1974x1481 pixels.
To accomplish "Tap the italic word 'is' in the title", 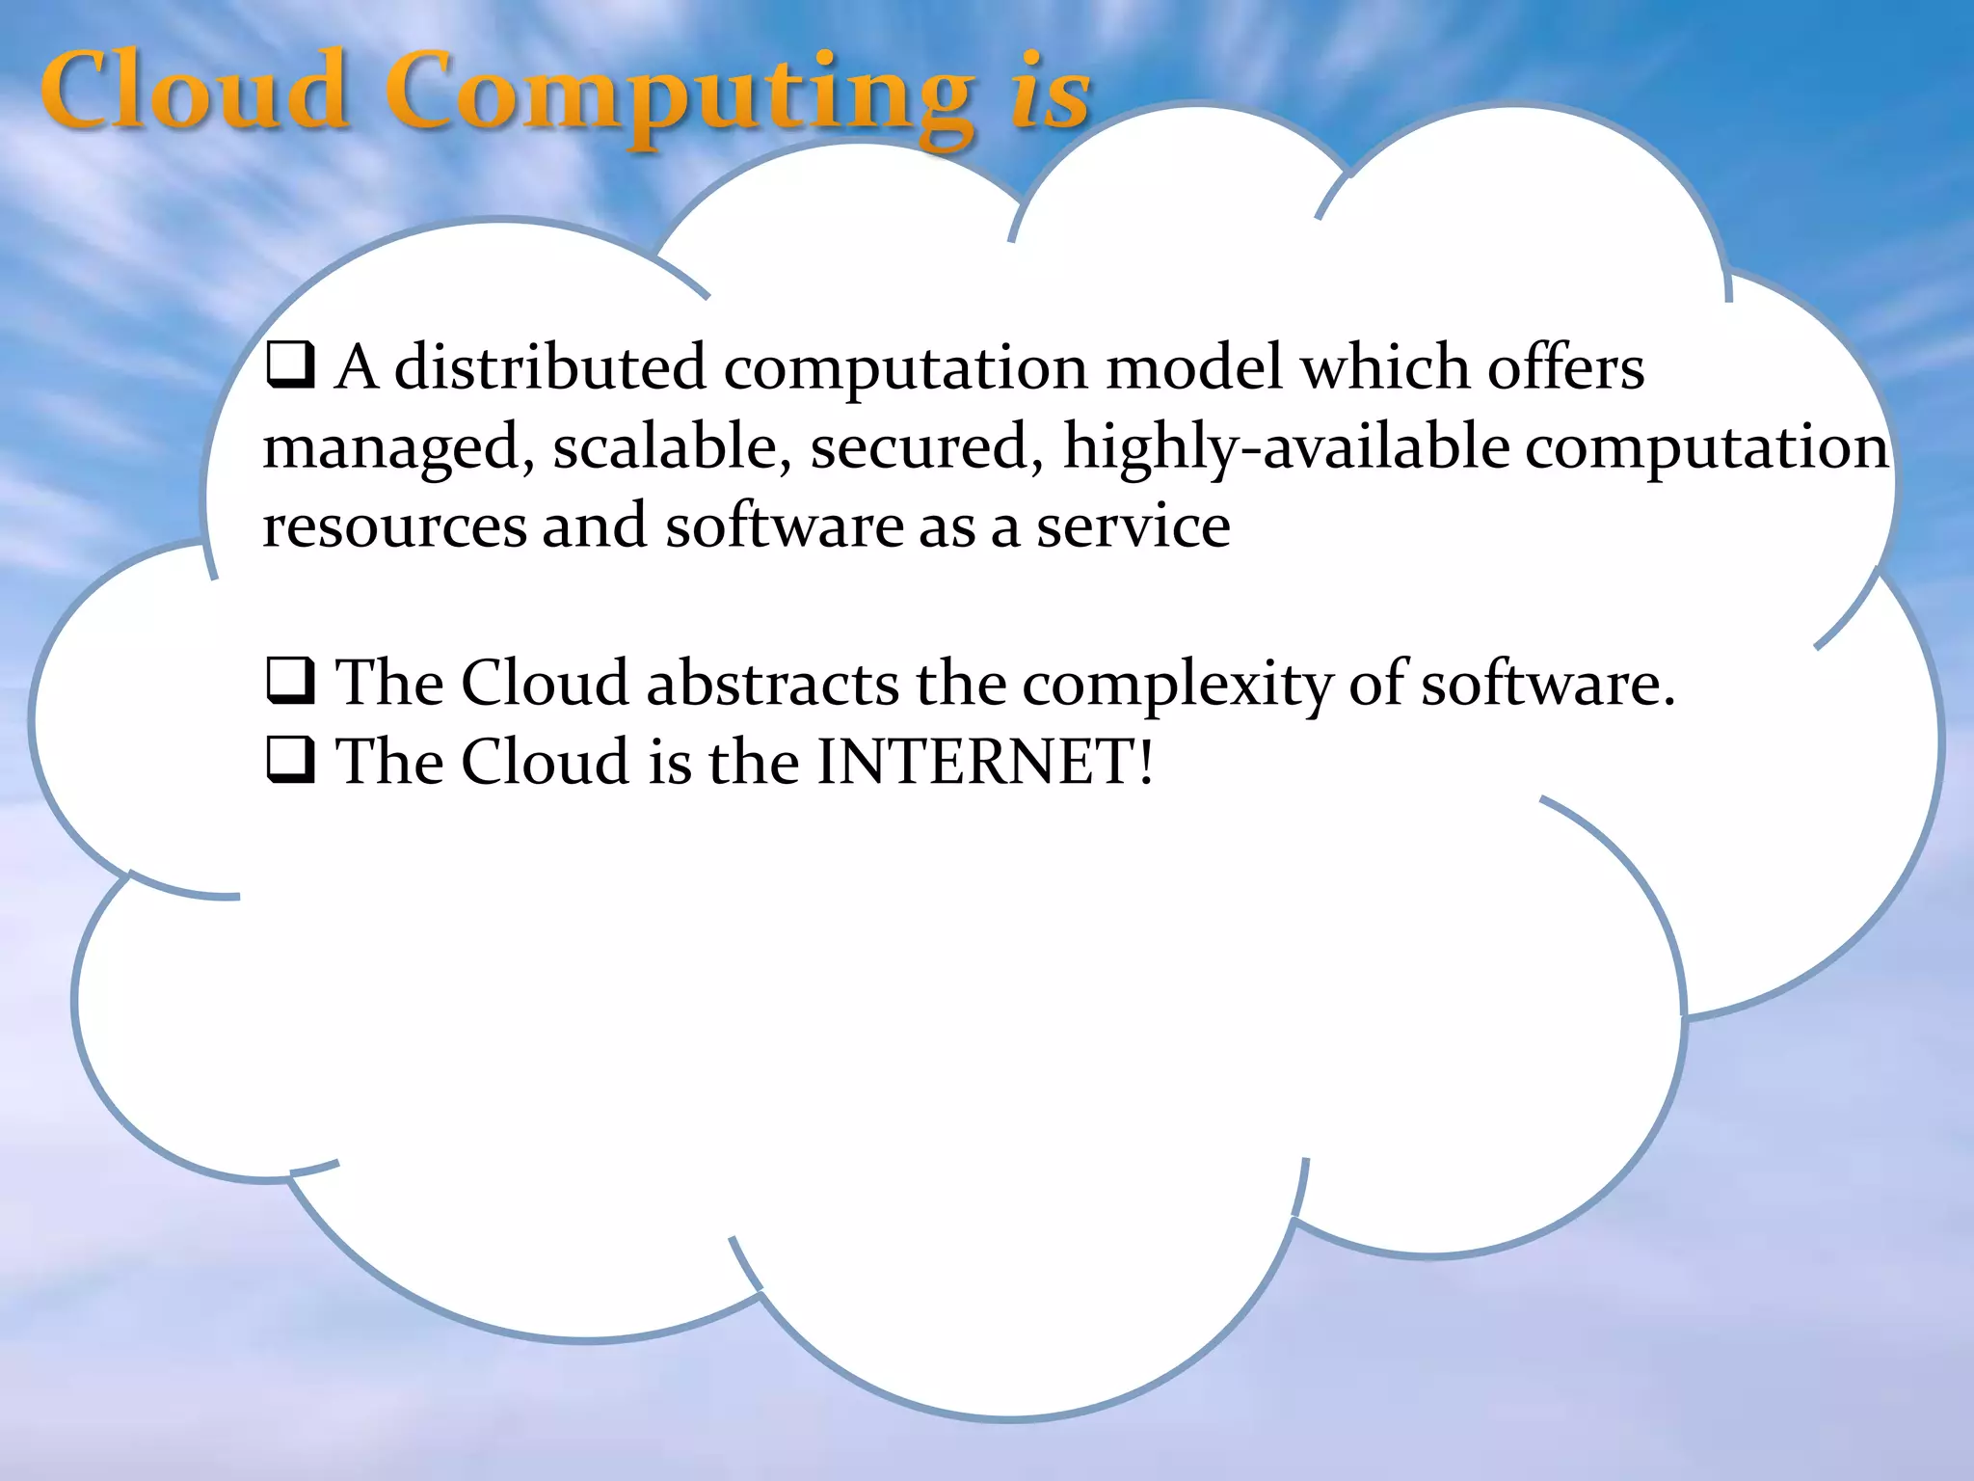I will click(x=1051, y=93).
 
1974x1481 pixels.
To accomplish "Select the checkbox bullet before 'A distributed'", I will click(x=290, y=367).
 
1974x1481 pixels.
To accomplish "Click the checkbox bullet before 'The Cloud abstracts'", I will click(x=290, y=683).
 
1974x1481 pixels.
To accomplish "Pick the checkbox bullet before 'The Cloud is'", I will click(x=290, y=762).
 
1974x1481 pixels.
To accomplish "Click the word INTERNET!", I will click(x=984, y=762).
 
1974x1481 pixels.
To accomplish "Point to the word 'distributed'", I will click(x=550, y=367).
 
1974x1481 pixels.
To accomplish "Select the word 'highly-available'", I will click(x=1286, y=448).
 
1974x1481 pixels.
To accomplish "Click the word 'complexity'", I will click(x=1177, y=685).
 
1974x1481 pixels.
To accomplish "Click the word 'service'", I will click(x=1133, y=526).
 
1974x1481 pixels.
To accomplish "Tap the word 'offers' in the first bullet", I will click(x=1565, y=367).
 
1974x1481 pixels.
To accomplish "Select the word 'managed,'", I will click(x=399, y=448).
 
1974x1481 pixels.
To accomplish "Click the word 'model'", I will click(x=1194, y=367).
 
